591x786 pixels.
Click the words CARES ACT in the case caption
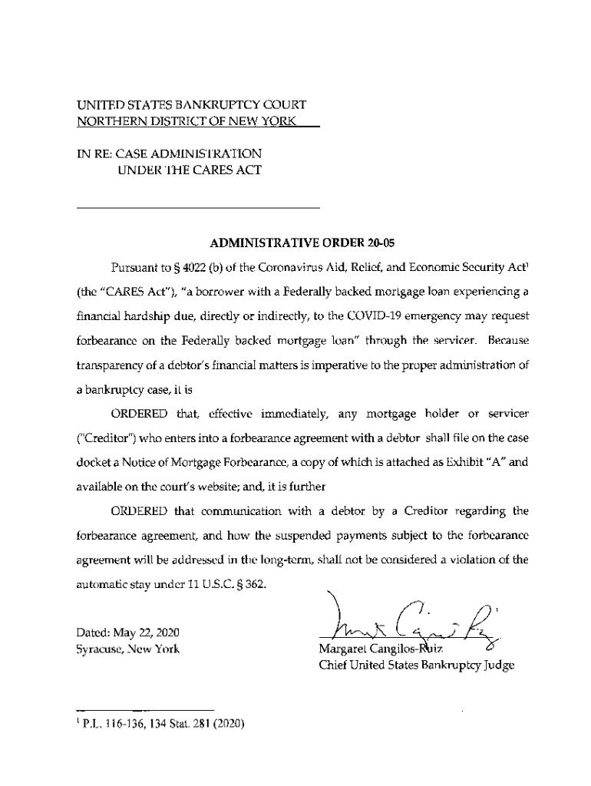223,170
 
